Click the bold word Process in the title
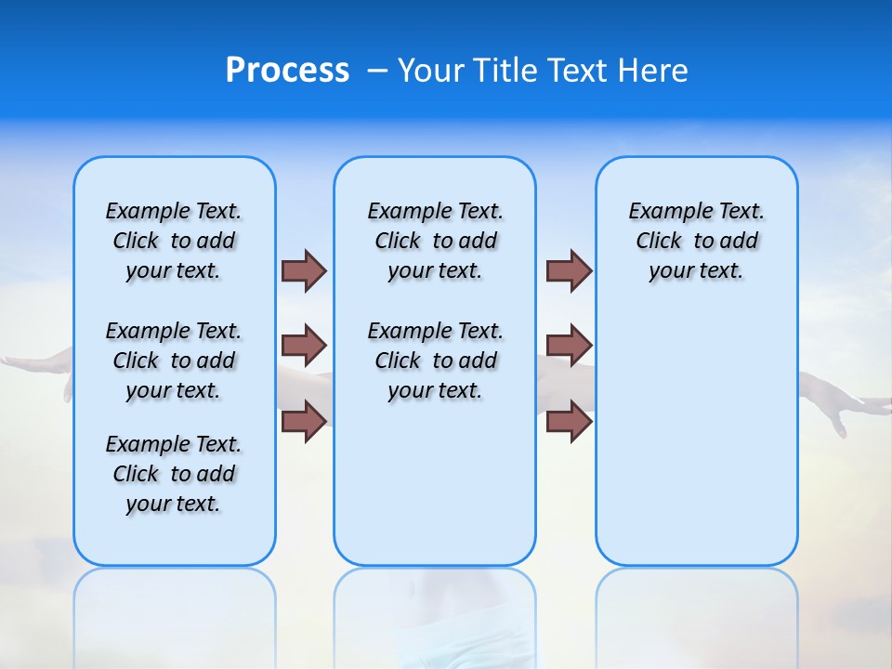(x=287, y=71)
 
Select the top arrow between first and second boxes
(x=304, y=270)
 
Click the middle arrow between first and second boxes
(x=304, y=346)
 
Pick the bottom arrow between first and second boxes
(x=304, y=421)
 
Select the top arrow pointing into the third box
(x=569, y=270)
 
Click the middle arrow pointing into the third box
(x=569, y=346)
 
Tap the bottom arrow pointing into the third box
(x=569, y=421)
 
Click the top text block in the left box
(x=174, y=241)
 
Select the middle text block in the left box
(x=174, y=361)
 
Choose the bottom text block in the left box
(x=174, y=474)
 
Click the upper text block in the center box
(x=435, y=241)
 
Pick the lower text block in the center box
(x=435, y=361)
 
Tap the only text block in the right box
(x=696, y=241)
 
